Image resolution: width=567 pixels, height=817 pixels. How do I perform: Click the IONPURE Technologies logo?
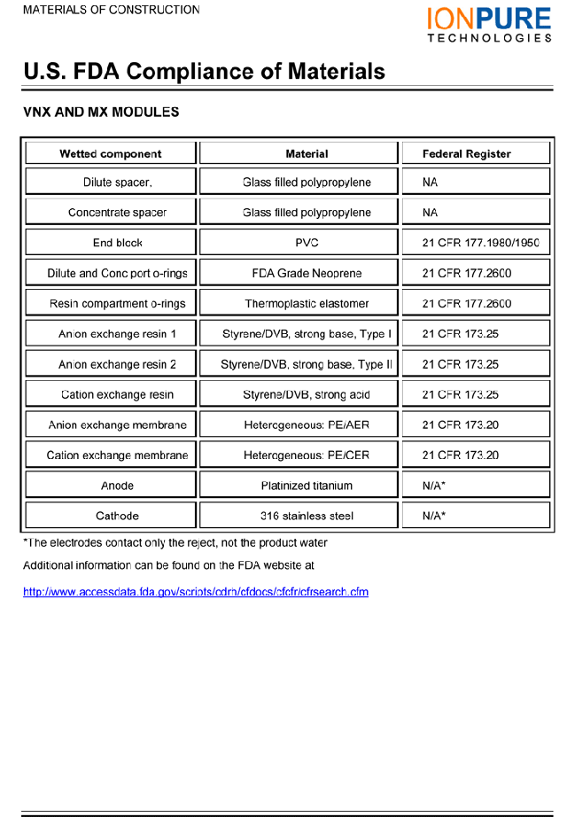489,24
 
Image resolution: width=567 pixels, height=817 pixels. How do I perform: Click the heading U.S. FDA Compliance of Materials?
204,72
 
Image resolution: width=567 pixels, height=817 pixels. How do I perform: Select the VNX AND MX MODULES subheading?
101,113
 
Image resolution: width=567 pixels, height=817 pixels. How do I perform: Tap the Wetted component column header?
111,154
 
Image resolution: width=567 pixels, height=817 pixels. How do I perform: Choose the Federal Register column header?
467,154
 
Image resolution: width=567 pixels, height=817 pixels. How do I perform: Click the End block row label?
117,243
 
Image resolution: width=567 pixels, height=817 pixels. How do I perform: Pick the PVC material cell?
307,243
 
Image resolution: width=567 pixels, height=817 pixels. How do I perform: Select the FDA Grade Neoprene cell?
307,273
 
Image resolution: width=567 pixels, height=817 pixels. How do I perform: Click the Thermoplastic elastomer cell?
307,304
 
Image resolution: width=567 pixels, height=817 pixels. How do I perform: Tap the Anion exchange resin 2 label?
117,364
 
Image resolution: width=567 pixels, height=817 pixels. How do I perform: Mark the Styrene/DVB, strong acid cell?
307,394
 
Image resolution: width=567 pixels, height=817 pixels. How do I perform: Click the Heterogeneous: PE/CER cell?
307,455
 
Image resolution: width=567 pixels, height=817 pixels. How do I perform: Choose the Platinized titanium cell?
307,486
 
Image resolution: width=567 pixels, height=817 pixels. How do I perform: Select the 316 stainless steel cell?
307,516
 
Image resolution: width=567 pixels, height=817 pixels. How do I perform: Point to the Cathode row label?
117,516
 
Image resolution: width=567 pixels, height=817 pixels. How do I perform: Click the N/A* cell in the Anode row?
434,486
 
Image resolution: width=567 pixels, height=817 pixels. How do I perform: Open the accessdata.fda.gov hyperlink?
195,592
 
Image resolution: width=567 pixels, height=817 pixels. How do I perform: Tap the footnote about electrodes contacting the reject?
175,542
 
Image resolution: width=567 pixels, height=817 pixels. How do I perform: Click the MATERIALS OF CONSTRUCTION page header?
111,10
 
